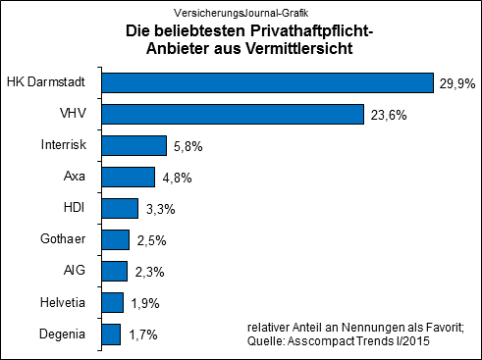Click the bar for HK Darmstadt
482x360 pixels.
pyautogui.click(x=267, y=82)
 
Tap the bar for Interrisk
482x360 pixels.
pyautogui.click(x=134, y=146)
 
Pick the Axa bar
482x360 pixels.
pyautogui.click(x=128, y=178)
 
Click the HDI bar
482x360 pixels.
pyautogui.click(x=120, y=209)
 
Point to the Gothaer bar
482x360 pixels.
pyautogui.click(x=115, y=240)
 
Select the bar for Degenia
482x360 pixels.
pyautogui.click(x=111, y=334)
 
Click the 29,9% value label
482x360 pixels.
pyautogui.click(x=456, y=84)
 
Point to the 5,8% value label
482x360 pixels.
pyautogui.click(x=187, y=147)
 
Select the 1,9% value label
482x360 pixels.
pyautogui.click(x=144, y=304)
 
